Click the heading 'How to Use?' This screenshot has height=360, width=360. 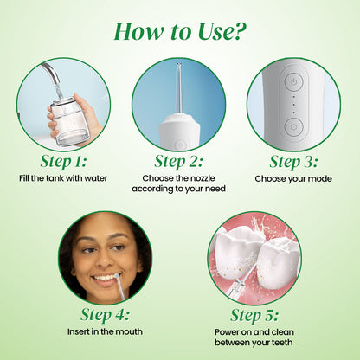(x=180, y=33)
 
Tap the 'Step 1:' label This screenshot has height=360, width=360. (x=64, y=162)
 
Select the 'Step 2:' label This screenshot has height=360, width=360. (x=179, y=162)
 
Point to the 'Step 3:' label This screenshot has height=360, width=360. (x=294, y=162)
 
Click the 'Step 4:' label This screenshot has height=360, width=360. (x=106, y=313)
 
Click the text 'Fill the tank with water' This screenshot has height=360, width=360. (x=64, y=178)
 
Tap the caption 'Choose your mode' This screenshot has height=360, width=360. (x=294, y=178)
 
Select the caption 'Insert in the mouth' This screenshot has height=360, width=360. (x=106, y=331)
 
